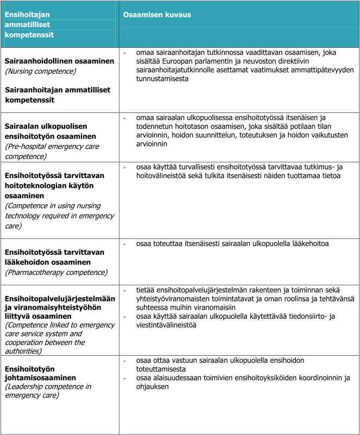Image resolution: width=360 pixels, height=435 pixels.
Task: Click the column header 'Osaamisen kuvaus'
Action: pyautogui.click(x=157, y=15)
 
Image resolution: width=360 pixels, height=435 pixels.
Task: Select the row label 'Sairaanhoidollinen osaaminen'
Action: pyautogui.click(x=59, y=61)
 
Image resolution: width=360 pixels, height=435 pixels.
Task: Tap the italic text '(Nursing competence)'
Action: pyautogui.click(x=41, y=71)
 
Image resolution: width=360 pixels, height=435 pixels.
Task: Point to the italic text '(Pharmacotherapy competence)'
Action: pyautogui.click(x=56, y=272)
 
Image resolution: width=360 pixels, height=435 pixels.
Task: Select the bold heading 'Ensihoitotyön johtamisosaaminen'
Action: pyautogui.click(x=40, y=373)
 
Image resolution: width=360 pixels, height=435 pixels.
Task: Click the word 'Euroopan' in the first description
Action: pyautogui.click(x=174, y=62)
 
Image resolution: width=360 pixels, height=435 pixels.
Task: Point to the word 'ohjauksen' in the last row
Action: pyautogui.click(x=152, y=387)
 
